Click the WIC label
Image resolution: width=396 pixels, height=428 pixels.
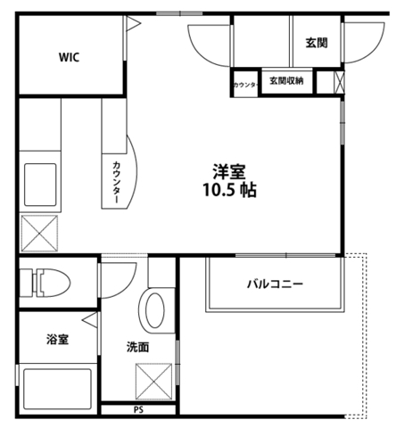[70, 57]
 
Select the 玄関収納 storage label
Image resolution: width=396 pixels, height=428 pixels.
[285, 81]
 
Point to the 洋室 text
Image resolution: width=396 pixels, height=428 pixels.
[229, 169]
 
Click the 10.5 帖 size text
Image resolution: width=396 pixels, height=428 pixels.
[229, 190]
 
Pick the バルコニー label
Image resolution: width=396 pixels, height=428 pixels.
[275, 284]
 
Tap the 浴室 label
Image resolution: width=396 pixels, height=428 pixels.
[60, 339]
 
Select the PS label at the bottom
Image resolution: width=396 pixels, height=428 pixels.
[138, 411]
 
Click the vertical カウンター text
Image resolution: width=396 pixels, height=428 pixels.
[117, 182]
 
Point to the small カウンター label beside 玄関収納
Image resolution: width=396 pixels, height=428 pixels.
[245, 85]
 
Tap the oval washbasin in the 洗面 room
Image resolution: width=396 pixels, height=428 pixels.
[154, 309]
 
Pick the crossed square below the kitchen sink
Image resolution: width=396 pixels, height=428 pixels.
[39, 233]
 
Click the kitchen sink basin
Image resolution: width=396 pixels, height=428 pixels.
[39, 184]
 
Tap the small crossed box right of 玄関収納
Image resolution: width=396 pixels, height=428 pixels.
[336, 82]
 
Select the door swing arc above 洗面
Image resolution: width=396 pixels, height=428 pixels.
[116, 280]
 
